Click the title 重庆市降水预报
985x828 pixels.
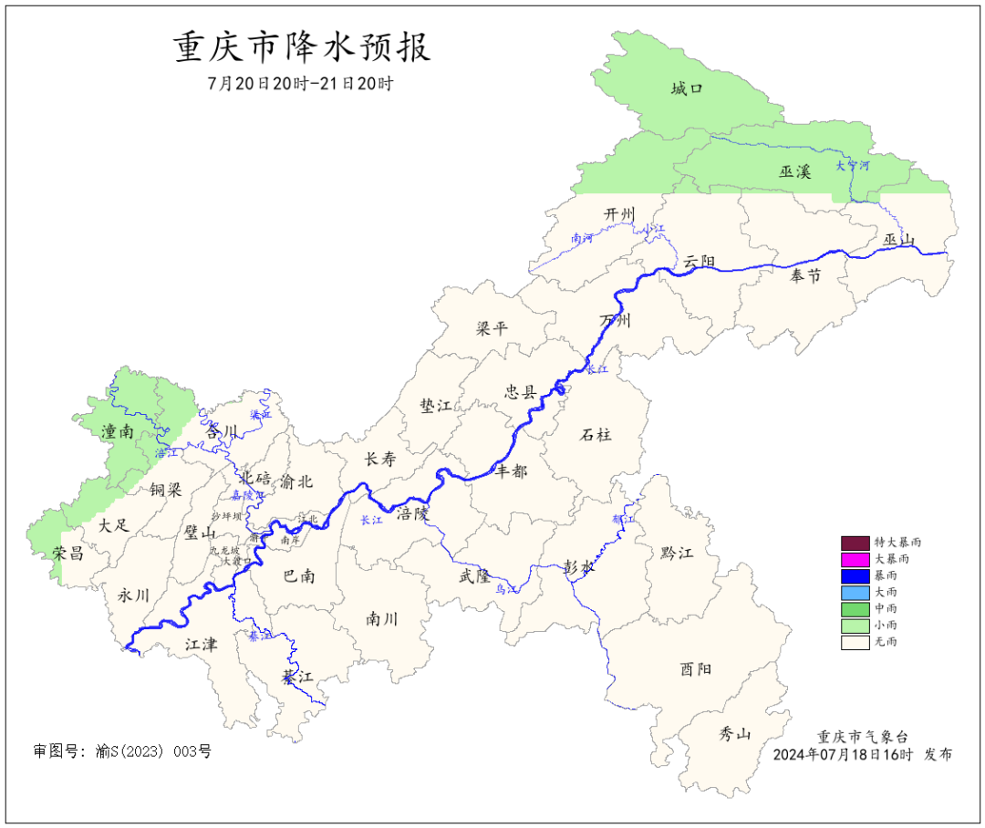(x=302, y=47)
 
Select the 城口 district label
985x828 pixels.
(x=686, y=88)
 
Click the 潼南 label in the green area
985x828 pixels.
(x=118, y=431)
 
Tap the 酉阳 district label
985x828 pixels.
(x=695, y=668)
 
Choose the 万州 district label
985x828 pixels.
(x=615, y=320)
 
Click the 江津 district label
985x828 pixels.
(x=201, y=644)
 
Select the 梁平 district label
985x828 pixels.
(x=492, y=328)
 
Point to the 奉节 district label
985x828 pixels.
(x=805, y=275)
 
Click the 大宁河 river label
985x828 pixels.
(x=853, y=166)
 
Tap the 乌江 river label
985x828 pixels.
(x=506, y=589)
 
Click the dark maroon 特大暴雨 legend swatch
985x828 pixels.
(x=855, y=542)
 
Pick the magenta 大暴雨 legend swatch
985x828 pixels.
(x=855, y=558)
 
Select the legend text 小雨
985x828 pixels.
(x=885, y=625)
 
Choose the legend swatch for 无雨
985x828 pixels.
(x=855, y=642)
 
